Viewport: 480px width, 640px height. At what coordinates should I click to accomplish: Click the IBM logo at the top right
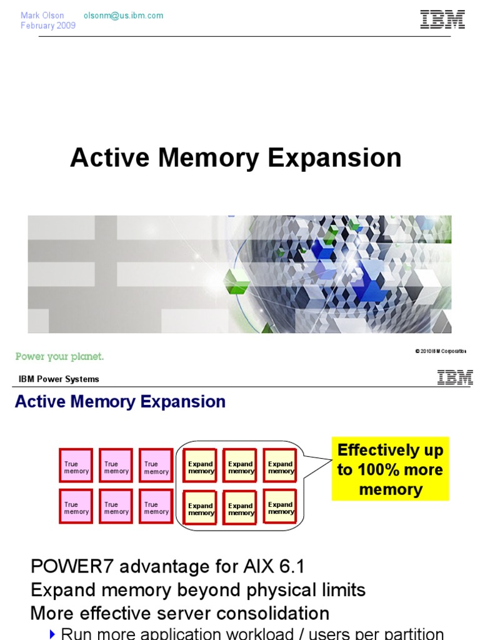coord(442,19)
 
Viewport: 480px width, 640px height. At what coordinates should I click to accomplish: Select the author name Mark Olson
coord(42,16)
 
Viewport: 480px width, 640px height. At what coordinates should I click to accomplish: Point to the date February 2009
coord(48,26)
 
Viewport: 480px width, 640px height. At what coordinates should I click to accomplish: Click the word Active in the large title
coord(110,157)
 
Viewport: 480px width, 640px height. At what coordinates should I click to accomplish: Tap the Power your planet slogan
coord(59,356)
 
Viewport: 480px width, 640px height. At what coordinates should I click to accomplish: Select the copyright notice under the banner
coord(440,351)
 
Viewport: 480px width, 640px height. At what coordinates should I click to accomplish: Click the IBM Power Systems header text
coord(59,379)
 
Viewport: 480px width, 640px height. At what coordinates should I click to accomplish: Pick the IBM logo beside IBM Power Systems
coord(454,377)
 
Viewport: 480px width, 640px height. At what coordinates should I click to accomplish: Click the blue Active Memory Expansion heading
coord(120,402)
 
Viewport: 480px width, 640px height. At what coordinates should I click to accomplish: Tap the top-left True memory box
coord(76,466)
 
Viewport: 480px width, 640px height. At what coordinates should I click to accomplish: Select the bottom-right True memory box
coord(156,507)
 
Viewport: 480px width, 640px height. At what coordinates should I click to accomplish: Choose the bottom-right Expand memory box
coord(280,507)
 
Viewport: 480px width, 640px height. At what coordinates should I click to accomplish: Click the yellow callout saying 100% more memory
coord(390,469)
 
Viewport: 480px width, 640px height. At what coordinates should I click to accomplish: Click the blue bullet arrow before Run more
coord(52,634)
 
